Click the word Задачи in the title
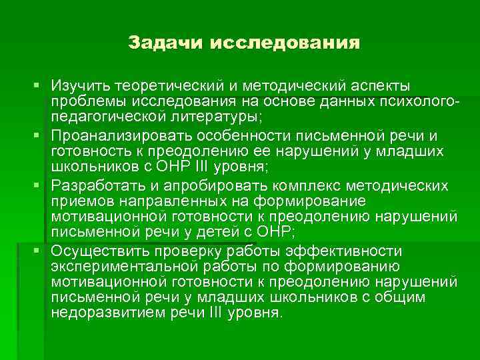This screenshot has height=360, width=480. pyautogui.click(x=166, y=43)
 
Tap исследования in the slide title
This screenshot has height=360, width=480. pyautogui.click(x=285, y=43)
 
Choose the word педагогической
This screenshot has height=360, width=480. pyautogui.click(x=111, y=117)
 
